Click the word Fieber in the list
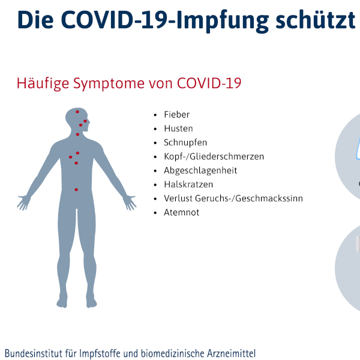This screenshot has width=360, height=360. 176,115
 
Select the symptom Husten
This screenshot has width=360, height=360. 178,128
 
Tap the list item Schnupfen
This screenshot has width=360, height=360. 185,143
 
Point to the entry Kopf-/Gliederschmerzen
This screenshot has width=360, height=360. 214,157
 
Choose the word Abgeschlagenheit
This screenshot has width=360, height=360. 200,170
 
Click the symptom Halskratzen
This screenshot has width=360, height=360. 188,184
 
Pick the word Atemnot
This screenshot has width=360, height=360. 181,212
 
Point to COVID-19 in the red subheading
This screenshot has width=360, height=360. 209,83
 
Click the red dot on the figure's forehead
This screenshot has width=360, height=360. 77,112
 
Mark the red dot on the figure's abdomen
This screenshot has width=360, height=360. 76,190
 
